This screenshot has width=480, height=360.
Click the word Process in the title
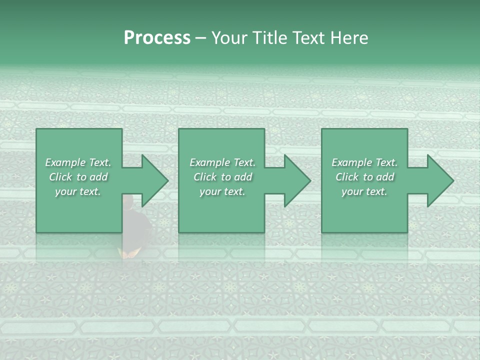pyautogui.click(x=157, y=38)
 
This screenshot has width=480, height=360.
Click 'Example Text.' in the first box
pyautogui.click(x=78, y=162)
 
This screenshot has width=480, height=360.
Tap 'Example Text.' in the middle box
pyautogui.click(x=222, y=162)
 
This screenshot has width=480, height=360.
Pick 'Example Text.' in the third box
pyautogui.click(x=364, y=162)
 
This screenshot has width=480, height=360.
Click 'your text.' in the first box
pyautogui.click(x=78, y=191)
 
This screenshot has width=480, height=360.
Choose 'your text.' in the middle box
pyautogui.click(x=222, y=191)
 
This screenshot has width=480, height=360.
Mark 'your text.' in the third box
pyautogui.click(x=364, y=191)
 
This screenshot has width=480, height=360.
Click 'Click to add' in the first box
pyautogui.click(x=78, y=177)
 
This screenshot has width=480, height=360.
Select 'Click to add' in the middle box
pyautogui.click(x=222, y=177)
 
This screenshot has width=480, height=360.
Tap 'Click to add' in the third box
pyautogui.click(x=364, y=177)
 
